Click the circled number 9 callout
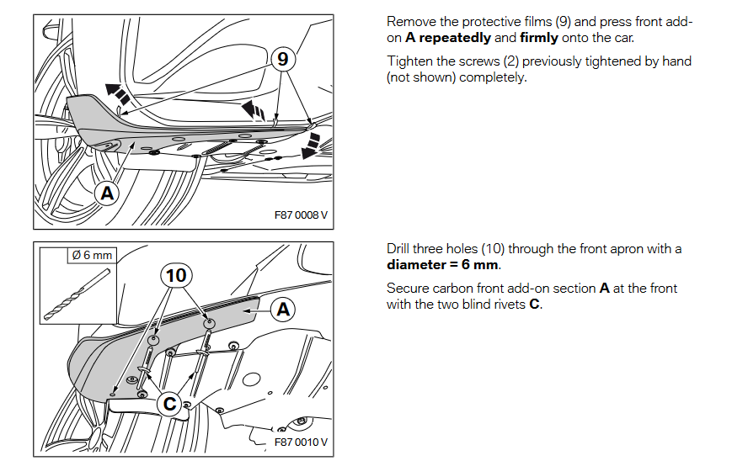(x=283, y=59)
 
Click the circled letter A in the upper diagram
(x=107, y=193)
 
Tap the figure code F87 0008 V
(x=301, y=215)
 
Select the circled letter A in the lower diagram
(x=283, y=310)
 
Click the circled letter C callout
(x=170, y=405)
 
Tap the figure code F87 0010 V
(x=301, y=442)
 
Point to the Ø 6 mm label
(x=92, y=255)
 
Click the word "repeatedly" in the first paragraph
(x=454, y=38)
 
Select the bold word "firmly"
(x=539, y=38)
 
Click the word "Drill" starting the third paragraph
(x=400, y=249)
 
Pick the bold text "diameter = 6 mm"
(x=443, y=265)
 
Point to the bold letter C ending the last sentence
(x=534, y=305)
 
